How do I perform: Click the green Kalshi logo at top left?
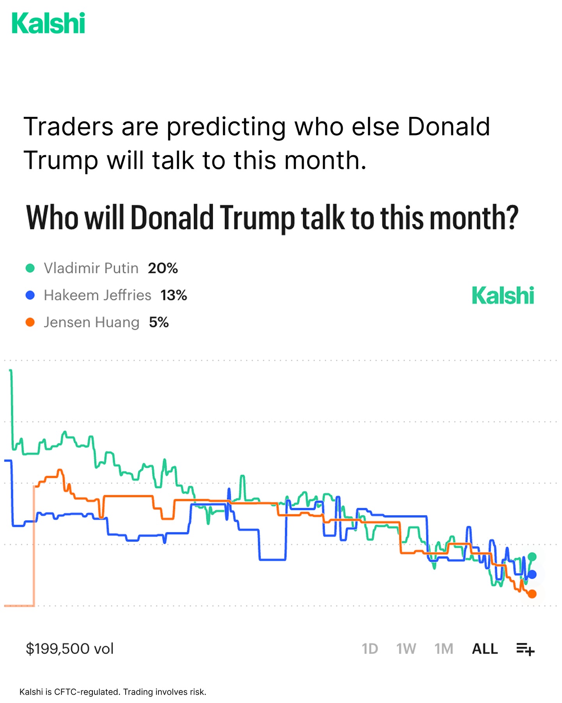pos(48,23)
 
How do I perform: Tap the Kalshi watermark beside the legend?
pos(503,295)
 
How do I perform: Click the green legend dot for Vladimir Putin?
pos(30,268)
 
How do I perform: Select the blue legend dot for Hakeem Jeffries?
pos(30,295)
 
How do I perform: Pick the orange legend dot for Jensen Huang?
pos(30,323)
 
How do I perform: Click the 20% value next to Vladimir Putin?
pos(163,268)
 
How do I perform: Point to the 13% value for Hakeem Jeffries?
pos(174,295)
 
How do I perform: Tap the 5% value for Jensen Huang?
pos(159,323)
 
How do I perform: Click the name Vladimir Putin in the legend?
pos(91,268)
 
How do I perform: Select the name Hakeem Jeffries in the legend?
pos(97,295)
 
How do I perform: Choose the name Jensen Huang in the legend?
pos(91,323)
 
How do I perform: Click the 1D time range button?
pos(370,649)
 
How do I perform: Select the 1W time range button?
pos(406,649)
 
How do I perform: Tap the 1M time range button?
pos(444,649)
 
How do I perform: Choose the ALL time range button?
pos(485,649)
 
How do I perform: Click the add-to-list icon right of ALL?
pos(525,649)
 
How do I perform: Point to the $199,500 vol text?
pos(69,649)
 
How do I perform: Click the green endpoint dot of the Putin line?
pos(532,557)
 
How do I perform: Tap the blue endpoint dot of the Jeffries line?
pos(532,574)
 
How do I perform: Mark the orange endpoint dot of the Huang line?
pos(532,594)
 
